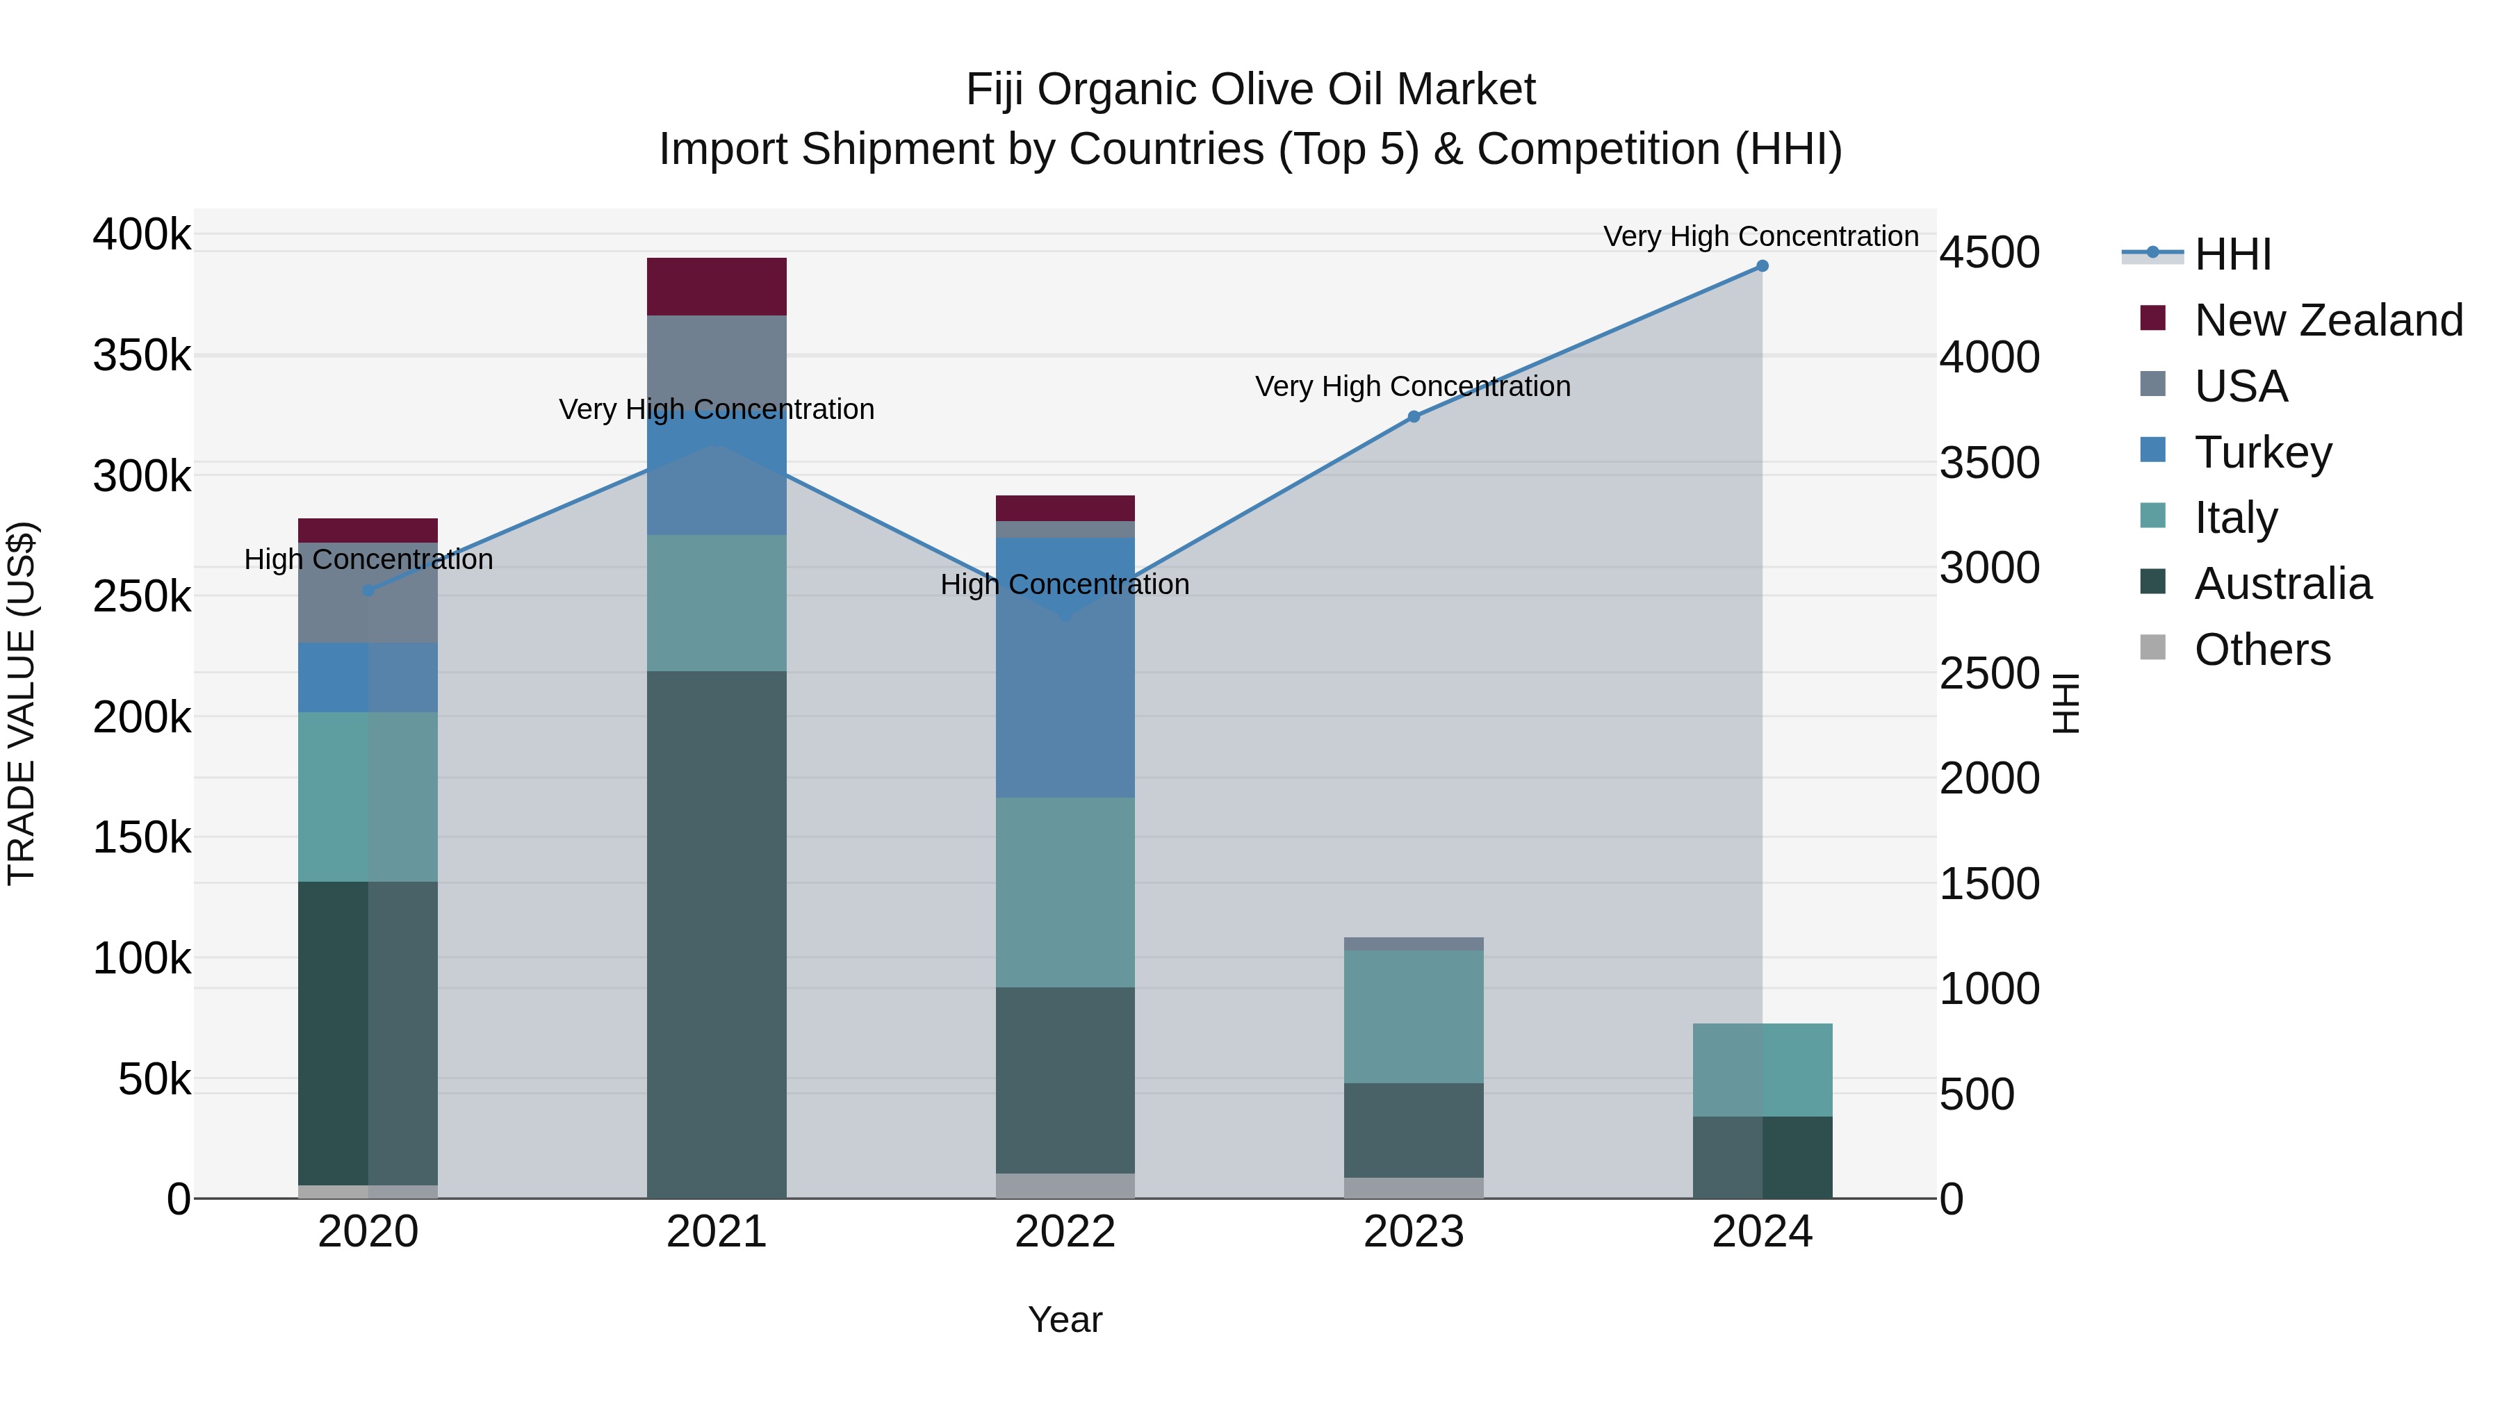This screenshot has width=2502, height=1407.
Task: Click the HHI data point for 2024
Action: [x=1762, y=266]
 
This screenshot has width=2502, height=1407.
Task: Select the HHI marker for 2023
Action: [x=1413, y=417]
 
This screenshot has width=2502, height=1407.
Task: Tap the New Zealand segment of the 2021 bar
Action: [x=716, y=286]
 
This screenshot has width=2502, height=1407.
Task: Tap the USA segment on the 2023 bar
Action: [x=1413, y=944]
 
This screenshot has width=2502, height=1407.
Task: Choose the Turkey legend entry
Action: [x=2262, y=452]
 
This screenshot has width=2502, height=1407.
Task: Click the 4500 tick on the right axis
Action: [x=1989, y=252]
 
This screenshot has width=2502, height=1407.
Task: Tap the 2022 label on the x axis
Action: [x=1065, y=1232]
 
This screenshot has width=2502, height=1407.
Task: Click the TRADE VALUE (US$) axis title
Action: [x=22, y=703]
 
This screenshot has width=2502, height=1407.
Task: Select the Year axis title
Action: [x=1065, y=1319]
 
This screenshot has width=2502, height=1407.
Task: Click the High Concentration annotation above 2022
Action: [x=1065, y=584]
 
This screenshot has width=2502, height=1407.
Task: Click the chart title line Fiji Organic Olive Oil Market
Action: [x=1250, y=90]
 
